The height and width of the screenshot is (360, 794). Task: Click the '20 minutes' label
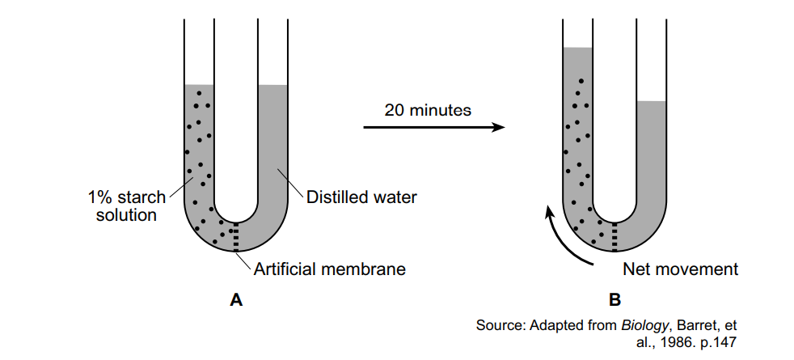(x=428, y=110)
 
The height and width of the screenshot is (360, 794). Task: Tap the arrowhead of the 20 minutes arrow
(x=496, y=128)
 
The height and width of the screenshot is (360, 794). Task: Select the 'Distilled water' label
(x=361, y=197)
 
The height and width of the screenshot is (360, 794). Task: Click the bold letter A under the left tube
(x=236, y=300)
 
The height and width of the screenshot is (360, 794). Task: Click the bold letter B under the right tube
(x=615, y=300)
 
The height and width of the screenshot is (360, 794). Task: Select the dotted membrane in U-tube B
(x=615, y=235)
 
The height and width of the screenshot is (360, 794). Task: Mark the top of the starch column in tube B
(x=577, y=49)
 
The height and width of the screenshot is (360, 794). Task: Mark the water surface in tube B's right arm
(x=651, y=102)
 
